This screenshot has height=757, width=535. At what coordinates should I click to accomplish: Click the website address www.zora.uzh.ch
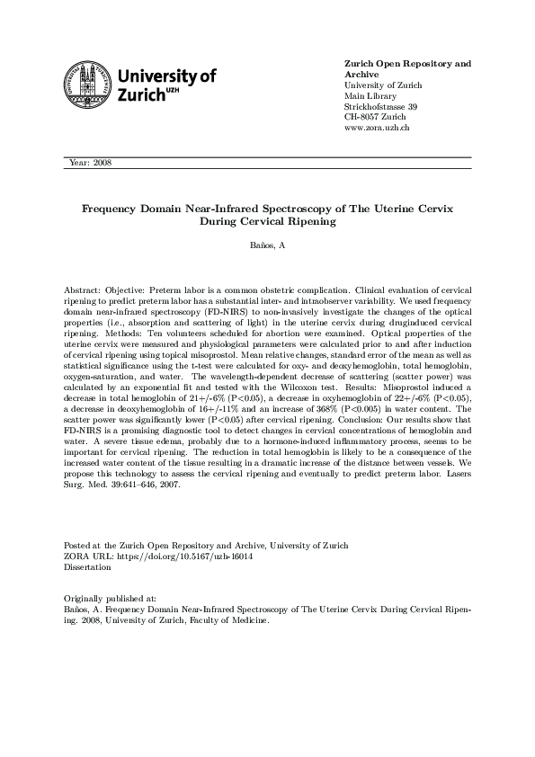tap(378, 129)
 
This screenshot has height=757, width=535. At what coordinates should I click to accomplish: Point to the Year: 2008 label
tap(89, 163)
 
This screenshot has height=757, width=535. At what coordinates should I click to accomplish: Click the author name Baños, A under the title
tap(267, 245)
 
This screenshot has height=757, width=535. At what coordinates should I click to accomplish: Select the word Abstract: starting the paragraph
tap(83, 292)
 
